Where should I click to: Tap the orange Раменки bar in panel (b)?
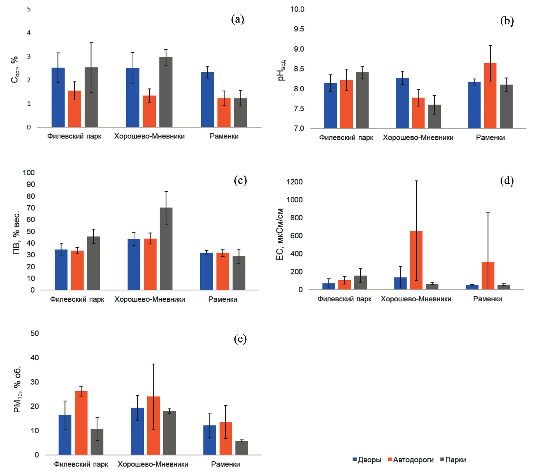pyautogui.click(x=490, y=96)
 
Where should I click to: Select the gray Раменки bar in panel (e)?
pyautogui.click(x=242, y=448)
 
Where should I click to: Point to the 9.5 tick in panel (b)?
pyautogui.click(x=299, y=29)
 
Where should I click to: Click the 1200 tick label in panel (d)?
pyautogui.click(x=294, y=182)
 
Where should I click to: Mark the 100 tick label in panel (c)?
pyautogui.click(x=29, y=173)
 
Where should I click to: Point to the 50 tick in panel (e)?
pyautogui.click(x=35, y=333)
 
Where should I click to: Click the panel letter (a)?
pyautogui.click(x=238, y=19)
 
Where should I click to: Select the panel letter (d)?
pyautogui.click(x=507, y=181)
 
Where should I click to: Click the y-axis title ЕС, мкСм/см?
pyautogui.click(x=280, y=234)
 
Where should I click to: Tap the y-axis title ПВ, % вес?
pyautogui.click(x=17, y=233)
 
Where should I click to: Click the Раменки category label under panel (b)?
pyautogui.click(x=490, y=138)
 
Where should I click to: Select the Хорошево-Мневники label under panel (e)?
pyautogui.click(x=153, y=464)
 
